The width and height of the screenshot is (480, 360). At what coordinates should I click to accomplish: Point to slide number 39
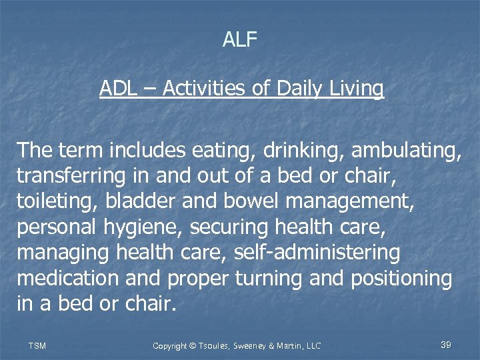coord(446,345)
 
